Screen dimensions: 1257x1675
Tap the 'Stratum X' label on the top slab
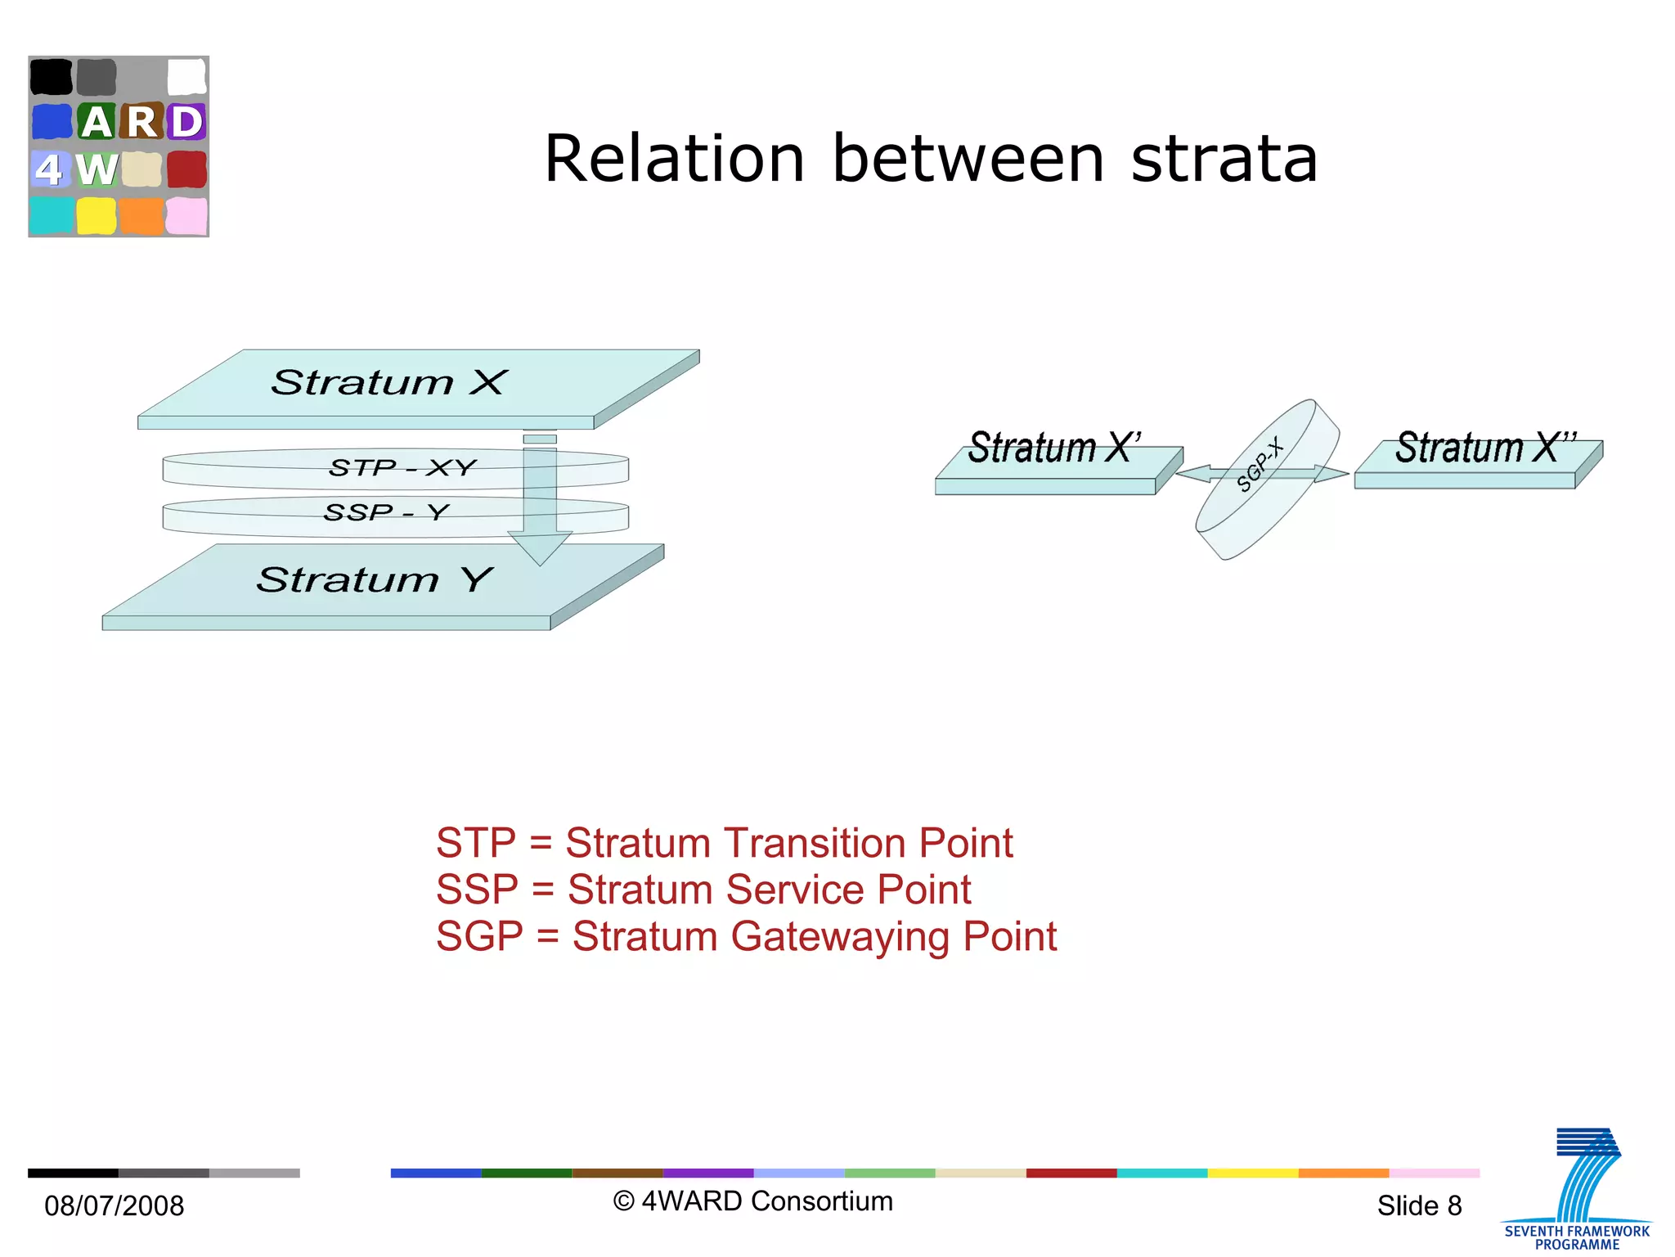click(389, 382)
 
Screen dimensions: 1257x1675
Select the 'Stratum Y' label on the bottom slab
click(375, 579)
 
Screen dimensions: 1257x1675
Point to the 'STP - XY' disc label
click(402, 467)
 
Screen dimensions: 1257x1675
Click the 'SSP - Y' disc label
click(386, 512)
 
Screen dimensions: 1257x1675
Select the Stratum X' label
click(1054, 448)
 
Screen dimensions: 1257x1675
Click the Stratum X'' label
click(1484, 448)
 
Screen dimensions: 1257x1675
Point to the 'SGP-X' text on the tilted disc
click(1260, 465)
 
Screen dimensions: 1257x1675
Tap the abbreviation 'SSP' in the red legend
click(477, 890)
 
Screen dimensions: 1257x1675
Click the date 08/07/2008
click(115, 1205)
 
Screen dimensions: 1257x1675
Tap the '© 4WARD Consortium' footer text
click(752, 1201)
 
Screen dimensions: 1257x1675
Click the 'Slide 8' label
click(1419, 1205)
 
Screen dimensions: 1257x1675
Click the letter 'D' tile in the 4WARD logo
click(186, 122)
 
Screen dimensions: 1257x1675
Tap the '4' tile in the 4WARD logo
click(49, 169)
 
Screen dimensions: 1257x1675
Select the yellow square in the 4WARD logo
click(96, 216)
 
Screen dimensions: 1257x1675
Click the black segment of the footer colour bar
click(73, 1173)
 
